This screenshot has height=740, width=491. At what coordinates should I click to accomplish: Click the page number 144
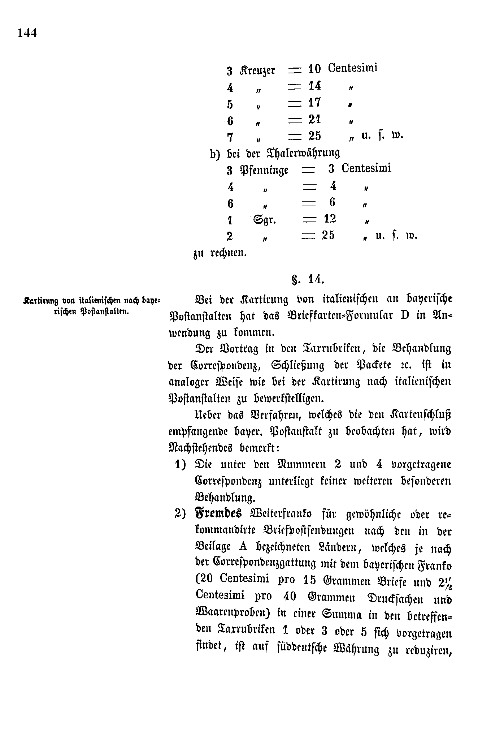(x=27, y=33)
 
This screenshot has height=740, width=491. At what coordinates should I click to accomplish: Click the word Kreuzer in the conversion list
(x=257, y=70)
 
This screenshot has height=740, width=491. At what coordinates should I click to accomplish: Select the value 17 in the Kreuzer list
(x=314, y=103)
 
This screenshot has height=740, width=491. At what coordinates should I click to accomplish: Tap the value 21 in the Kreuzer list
(x=314, y=119)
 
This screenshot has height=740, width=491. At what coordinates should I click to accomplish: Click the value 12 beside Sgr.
(x=330, y=219)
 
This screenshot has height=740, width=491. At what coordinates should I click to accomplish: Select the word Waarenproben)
(x=234, y=614)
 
